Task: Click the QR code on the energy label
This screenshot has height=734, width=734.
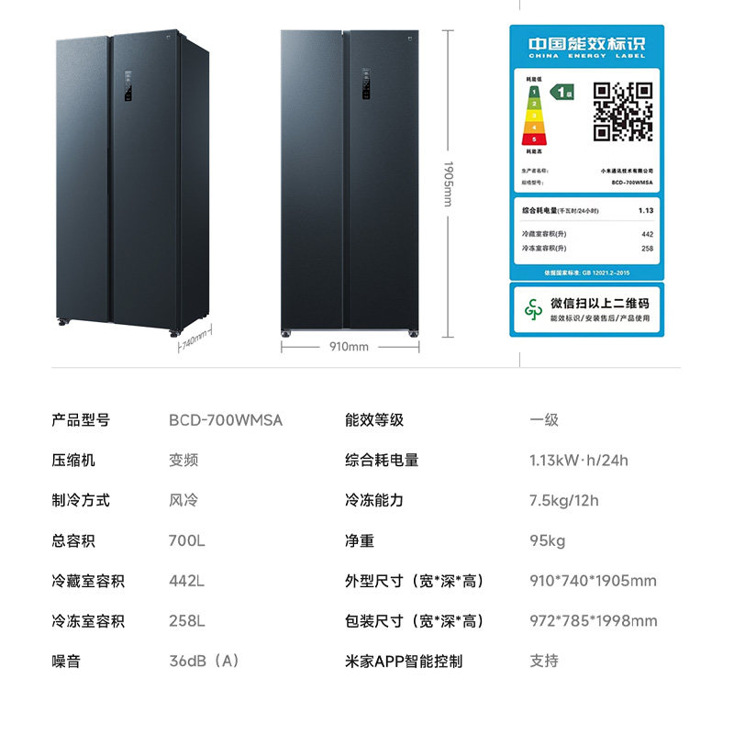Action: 621,111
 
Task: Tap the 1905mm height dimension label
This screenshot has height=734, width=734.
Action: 449,183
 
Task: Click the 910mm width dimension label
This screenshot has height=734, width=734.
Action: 349,347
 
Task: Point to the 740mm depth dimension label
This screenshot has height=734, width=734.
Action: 194,342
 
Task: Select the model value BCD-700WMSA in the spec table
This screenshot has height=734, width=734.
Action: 226,420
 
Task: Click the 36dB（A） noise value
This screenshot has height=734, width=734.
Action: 204,661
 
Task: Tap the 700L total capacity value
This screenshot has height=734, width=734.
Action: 187,540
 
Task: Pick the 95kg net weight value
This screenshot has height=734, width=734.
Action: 547,540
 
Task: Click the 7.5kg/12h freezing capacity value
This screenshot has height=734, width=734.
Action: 563,500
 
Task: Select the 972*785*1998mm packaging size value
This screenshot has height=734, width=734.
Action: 593,621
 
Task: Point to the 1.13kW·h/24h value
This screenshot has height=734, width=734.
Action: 578,460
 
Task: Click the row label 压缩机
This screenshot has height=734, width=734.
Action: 73,460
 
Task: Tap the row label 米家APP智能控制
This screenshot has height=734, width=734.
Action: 404,661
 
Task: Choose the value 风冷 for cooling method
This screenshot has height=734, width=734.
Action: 183,500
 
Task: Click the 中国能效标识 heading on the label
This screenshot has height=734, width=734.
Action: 586,43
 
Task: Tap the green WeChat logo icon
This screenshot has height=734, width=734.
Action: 533,309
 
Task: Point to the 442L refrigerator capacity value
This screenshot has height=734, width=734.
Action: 186,581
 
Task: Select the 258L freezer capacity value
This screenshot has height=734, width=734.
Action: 186,621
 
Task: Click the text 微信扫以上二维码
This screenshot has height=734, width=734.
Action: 599,303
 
